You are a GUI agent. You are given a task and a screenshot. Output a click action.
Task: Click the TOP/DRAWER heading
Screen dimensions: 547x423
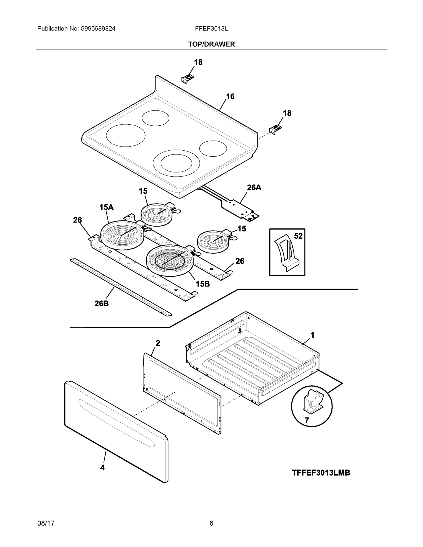click(x=211, y=44)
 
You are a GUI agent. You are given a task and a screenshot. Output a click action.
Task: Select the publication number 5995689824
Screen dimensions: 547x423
click(x=98, y=29)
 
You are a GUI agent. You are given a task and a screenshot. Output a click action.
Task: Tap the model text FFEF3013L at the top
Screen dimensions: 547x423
click(x=211, y=29)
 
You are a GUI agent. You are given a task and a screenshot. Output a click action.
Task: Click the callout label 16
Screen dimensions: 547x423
click(x=230, y=96)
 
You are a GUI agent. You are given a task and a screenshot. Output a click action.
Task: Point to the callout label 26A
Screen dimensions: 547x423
click(x=254, y=187)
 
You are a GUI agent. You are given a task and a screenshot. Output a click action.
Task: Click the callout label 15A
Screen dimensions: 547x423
click(x=106, y=207)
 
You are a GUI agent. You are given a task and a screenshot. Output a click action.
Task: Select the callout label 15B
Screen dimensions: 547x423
click(x=202, y=284)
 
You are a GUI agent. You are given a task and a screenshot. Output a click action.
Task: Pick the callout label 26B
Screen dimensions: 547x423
click(x=101, y=303)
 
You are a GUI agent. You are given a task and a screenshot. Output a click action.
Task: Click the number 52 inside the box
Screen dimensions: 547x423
click(x=298, y=236)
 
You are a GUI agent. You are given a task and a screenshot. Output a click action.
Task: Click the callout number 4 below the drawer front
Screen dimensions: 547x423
click(x=102, y=467)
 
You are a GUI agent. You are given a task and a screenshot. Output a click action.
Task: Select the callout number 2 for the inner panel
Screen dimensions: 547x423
click(x=158, y=343)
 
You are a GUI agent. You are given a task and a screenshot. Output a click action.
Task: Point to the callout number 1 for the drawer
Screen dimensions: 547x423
click(x=312, y=335)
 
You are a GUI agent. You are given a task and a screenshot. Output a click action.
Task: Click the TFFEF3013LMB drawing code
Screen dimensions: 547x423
click(x=321, y=473)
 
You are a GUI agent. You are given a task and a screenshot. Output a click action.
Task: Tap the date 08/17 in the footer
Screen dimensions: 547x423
click(x=46, y=523)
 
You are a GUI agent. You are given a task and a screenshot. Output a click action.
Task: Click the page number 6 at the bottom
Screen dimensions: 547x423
click(x=211, y=523)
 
